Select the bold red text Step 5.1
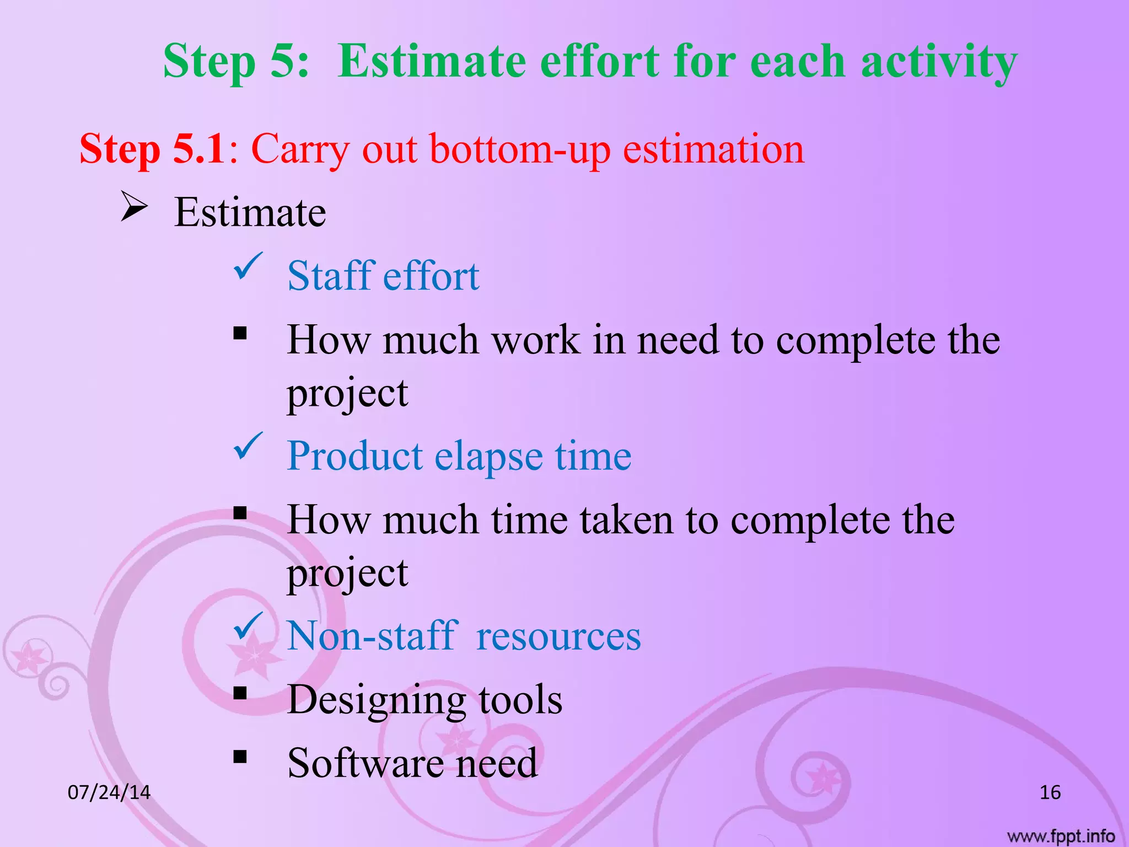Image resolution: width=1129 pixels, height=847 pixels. coord(152,149)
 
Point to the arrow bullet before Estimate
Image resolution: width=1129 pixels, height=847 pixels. coord(134,208)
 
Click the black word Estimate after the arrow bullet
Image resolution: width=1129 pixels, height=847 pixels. coord(250,213)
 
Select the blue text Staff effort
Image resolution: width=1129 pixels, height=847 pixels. coord(383,276)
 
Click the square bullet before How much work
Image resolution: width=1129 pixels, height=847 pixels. coord(240,333)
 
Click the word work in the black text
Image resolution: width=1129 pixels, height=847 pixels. coord(535,340)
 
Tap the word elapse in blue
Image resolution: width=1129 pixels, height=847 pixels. coord(488,457)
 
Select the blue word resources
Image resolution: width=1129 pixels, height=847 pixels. coord(558,636)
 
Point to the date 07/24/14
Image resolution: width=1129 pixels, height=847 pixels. coord(109,792)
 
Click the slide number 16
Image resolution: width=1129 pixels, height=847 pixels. coord(1050,792)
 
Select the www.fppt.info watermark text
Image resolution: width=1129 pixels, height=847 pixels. coord(1061,837)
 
